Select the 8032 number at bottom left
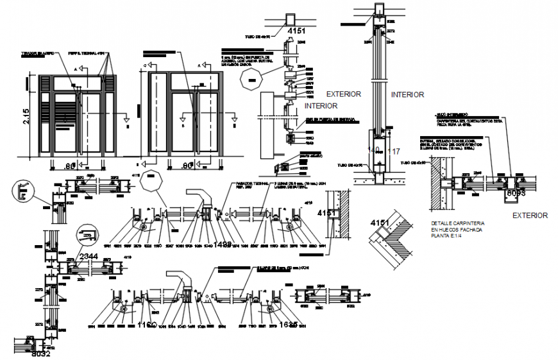(x=40, y=352)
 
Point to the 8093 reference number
(x=516, y=193)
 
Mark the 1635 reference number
(x=287, y=325)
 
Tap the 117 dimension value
(x=394, y=152)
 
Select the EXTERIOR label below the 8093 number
(x=530, y=216)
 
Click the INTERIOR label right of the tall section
(x=407, y=94)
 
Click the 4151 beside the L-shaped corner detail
(x=379, y=223)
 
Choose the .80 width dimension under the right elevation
(x=187, y=166)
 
